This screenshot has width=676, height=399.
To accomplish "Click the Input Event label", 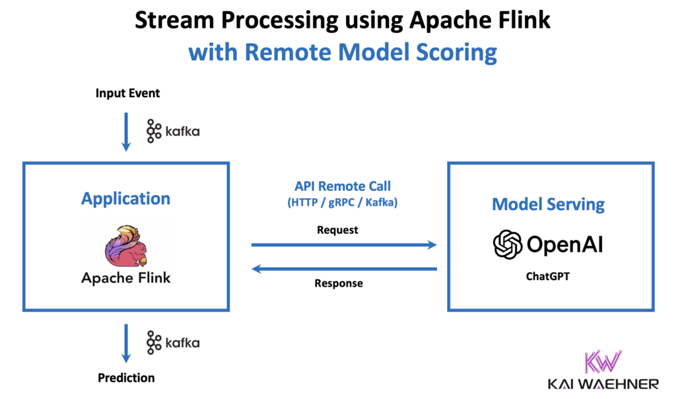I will [127, 93].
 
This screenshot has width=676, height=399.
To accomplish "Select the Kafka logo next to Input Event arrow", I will [173, 131].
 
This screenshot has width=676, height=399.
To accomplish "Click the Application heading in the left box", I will [125, 198].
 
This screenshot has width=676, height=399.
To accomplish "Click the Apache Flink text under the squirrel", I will [125, 277].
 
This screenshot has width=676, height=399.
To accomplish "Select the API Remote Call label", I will [337, 188].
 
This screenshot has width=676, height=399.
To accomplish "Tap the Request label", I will [337, 230].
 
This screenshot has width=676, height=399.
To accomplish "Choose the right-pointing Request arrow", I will [344, 245].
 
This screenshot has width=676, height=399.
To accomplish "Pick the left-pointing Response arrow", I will [344, 269].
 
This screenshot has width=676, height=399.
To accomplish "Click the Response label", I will [338, 283].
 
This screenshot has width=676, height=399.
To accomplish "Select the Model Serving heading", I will [548, 203].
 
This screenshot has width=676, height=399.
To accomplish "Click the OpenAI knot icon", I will [508, 244].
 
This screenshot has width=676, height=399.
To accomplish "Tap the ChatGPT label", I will [548, 277].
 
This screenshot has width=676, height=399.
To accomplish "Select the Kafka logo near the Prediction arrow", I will [173, 342].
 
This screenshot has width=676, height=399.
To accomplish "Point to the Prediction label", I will [126, 378].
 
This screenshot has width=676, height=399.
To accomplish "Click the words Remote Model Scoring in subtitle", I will [371, 52].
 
